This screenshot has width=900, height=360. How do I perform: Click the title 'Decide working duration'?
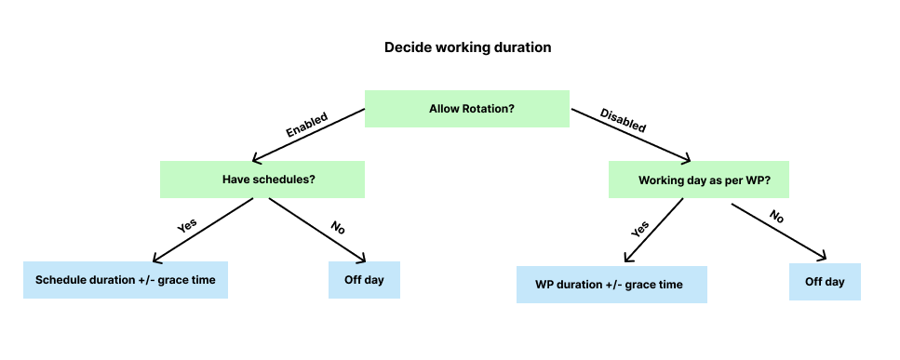coord(468,47)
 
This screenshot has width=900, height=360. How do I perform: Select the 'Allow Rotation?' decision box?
coord(466,109)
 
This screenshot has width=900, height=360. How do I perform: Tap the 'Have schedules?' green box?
coord(262,180)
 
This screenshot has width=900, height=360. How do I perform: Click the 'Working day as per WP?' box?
coord(698,180)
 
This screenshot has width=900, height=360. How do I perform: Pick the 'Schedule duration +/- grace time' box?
coord(126,279)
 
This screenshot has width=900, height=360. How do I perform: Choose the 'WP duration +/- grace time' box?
coord(611,285)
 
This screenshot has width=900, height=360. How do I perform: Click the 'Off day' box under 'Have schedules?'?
coord(364,279)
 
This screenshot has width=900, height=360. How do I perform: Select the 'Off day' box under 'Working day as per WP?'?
coord(825,281)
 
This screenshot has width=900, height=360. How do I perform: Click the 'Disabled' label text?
coord(624,121)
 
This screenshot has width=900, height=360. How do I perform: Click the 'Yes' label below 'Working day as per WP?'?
coord(640,228)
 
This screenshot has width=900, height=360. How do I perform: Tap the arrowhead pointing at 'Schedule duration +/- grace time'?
coord(155,259)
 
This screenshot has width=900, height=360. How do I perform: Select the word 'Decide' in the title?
coord(406,47)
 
